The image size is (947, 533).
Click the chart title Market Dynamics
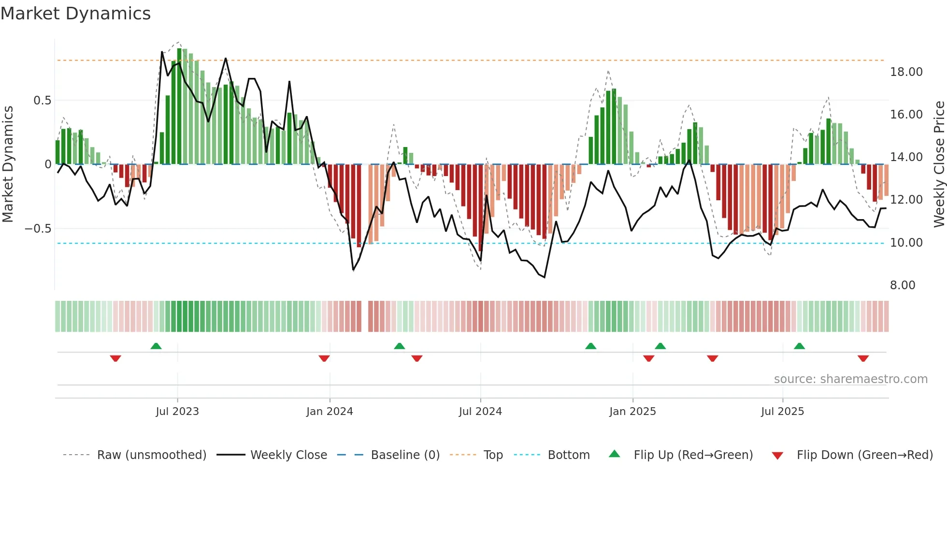tap(75, 14)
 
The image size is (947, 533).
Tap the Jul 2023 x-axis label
tap(177, 412)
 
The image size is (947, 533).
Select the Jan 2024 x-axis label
tap(330, 412)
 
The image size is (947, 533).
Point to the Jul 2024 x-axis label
tap(480, 412)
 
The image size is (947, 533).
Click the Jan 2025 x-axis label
tap(632, 412)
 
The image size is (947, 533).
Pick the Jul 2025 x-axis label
tap(782, 412)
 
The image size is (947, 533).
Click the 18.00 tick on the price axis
tap(906, 72)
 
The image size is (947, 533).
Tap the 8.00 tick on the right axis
tap(903, 285)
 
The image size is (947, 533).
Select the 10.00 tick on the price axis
tap(906, 243)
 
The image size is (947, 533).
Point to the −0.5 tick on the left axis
tap(38, 228)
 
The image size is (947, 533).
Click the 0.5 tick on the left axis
tap(42, 101)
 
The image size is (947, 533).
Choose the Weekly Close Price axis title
tap(939, 164)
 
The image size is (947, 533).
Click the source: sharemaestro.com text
tap(850, 379)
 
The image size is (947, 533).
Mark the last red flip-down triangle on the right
tap(863, 358)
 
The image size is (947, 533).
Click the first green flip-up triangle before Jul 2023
tap(156, 346)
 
